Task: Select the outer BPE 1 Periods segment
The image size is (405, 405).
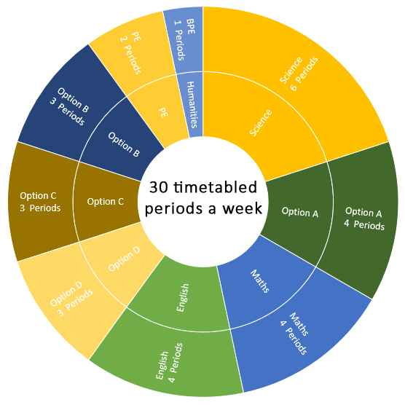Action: [x=184, y=40]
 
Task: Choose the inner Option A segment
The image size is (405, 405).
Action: [x=299, y=212]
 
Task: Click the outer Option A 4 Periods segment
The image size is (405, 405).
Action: [x=363, y=219]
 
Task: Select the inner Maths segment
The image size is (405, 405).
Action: [x=261, y=282]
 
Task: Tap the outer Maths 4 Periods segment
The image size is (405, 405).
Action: [x=297, y=336]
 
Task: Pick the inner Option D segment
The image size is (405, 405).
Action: [x=124, y=259]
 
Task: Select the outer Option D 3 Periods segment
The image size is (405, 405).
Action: [x=71, y=299]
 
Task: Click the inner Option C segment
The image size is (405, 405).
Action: [x=106, y=202]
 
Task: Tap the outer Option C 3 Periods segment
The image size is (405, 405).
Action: [x=40, y=202]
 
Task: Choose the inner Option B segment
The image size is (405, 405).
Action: [x=124, y=144]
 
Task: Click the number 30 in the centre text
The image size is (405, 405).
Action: [x=159, y=187]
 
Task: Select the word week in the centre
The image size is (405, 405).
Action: [x=243, y=208]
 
